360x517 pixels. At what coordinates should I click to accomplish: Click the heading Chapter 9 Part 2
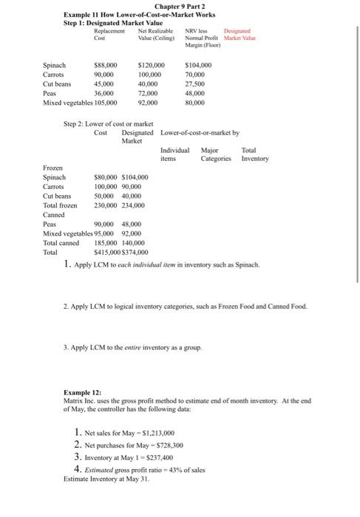click(x=180, y=5)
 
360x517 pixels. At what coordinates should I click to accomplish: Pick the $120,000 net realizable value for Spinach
click(x=152, y=66)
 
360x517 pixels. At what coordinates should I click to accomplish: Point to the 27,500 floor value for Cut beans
click(x=194, y=85)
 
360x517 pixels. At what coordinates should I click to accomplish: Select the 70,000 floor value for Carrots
click(x=194, y=75)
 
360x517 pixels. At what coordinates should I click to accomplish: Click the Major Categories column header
click(x=216, y=154)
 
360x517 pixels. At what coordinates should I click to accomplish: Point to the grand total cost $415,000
click(x=109, y=252)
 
